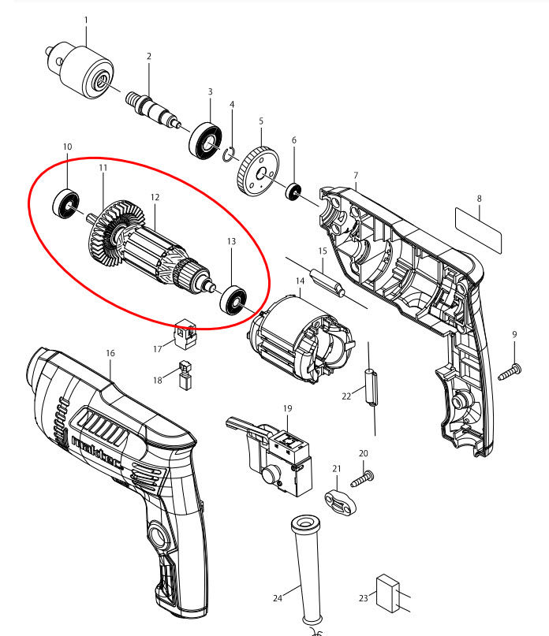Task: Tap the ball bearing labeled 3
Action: coord(207,141)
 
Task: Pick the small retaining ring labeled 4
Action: coord(230,154)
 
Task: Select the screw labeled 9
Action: coord(509,370)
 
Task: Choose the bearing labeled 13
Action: coord(233,301)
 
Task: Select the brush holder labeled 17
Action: coord(185,334)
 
